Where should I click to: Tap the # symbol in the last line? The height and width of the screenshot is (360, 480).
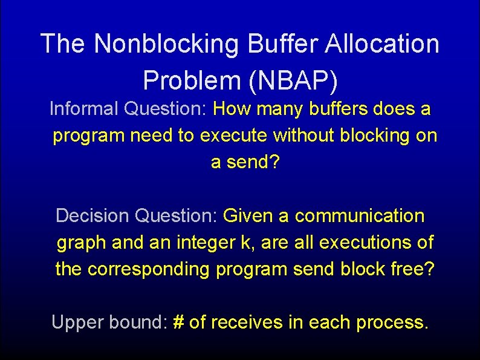coord(178,322)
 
